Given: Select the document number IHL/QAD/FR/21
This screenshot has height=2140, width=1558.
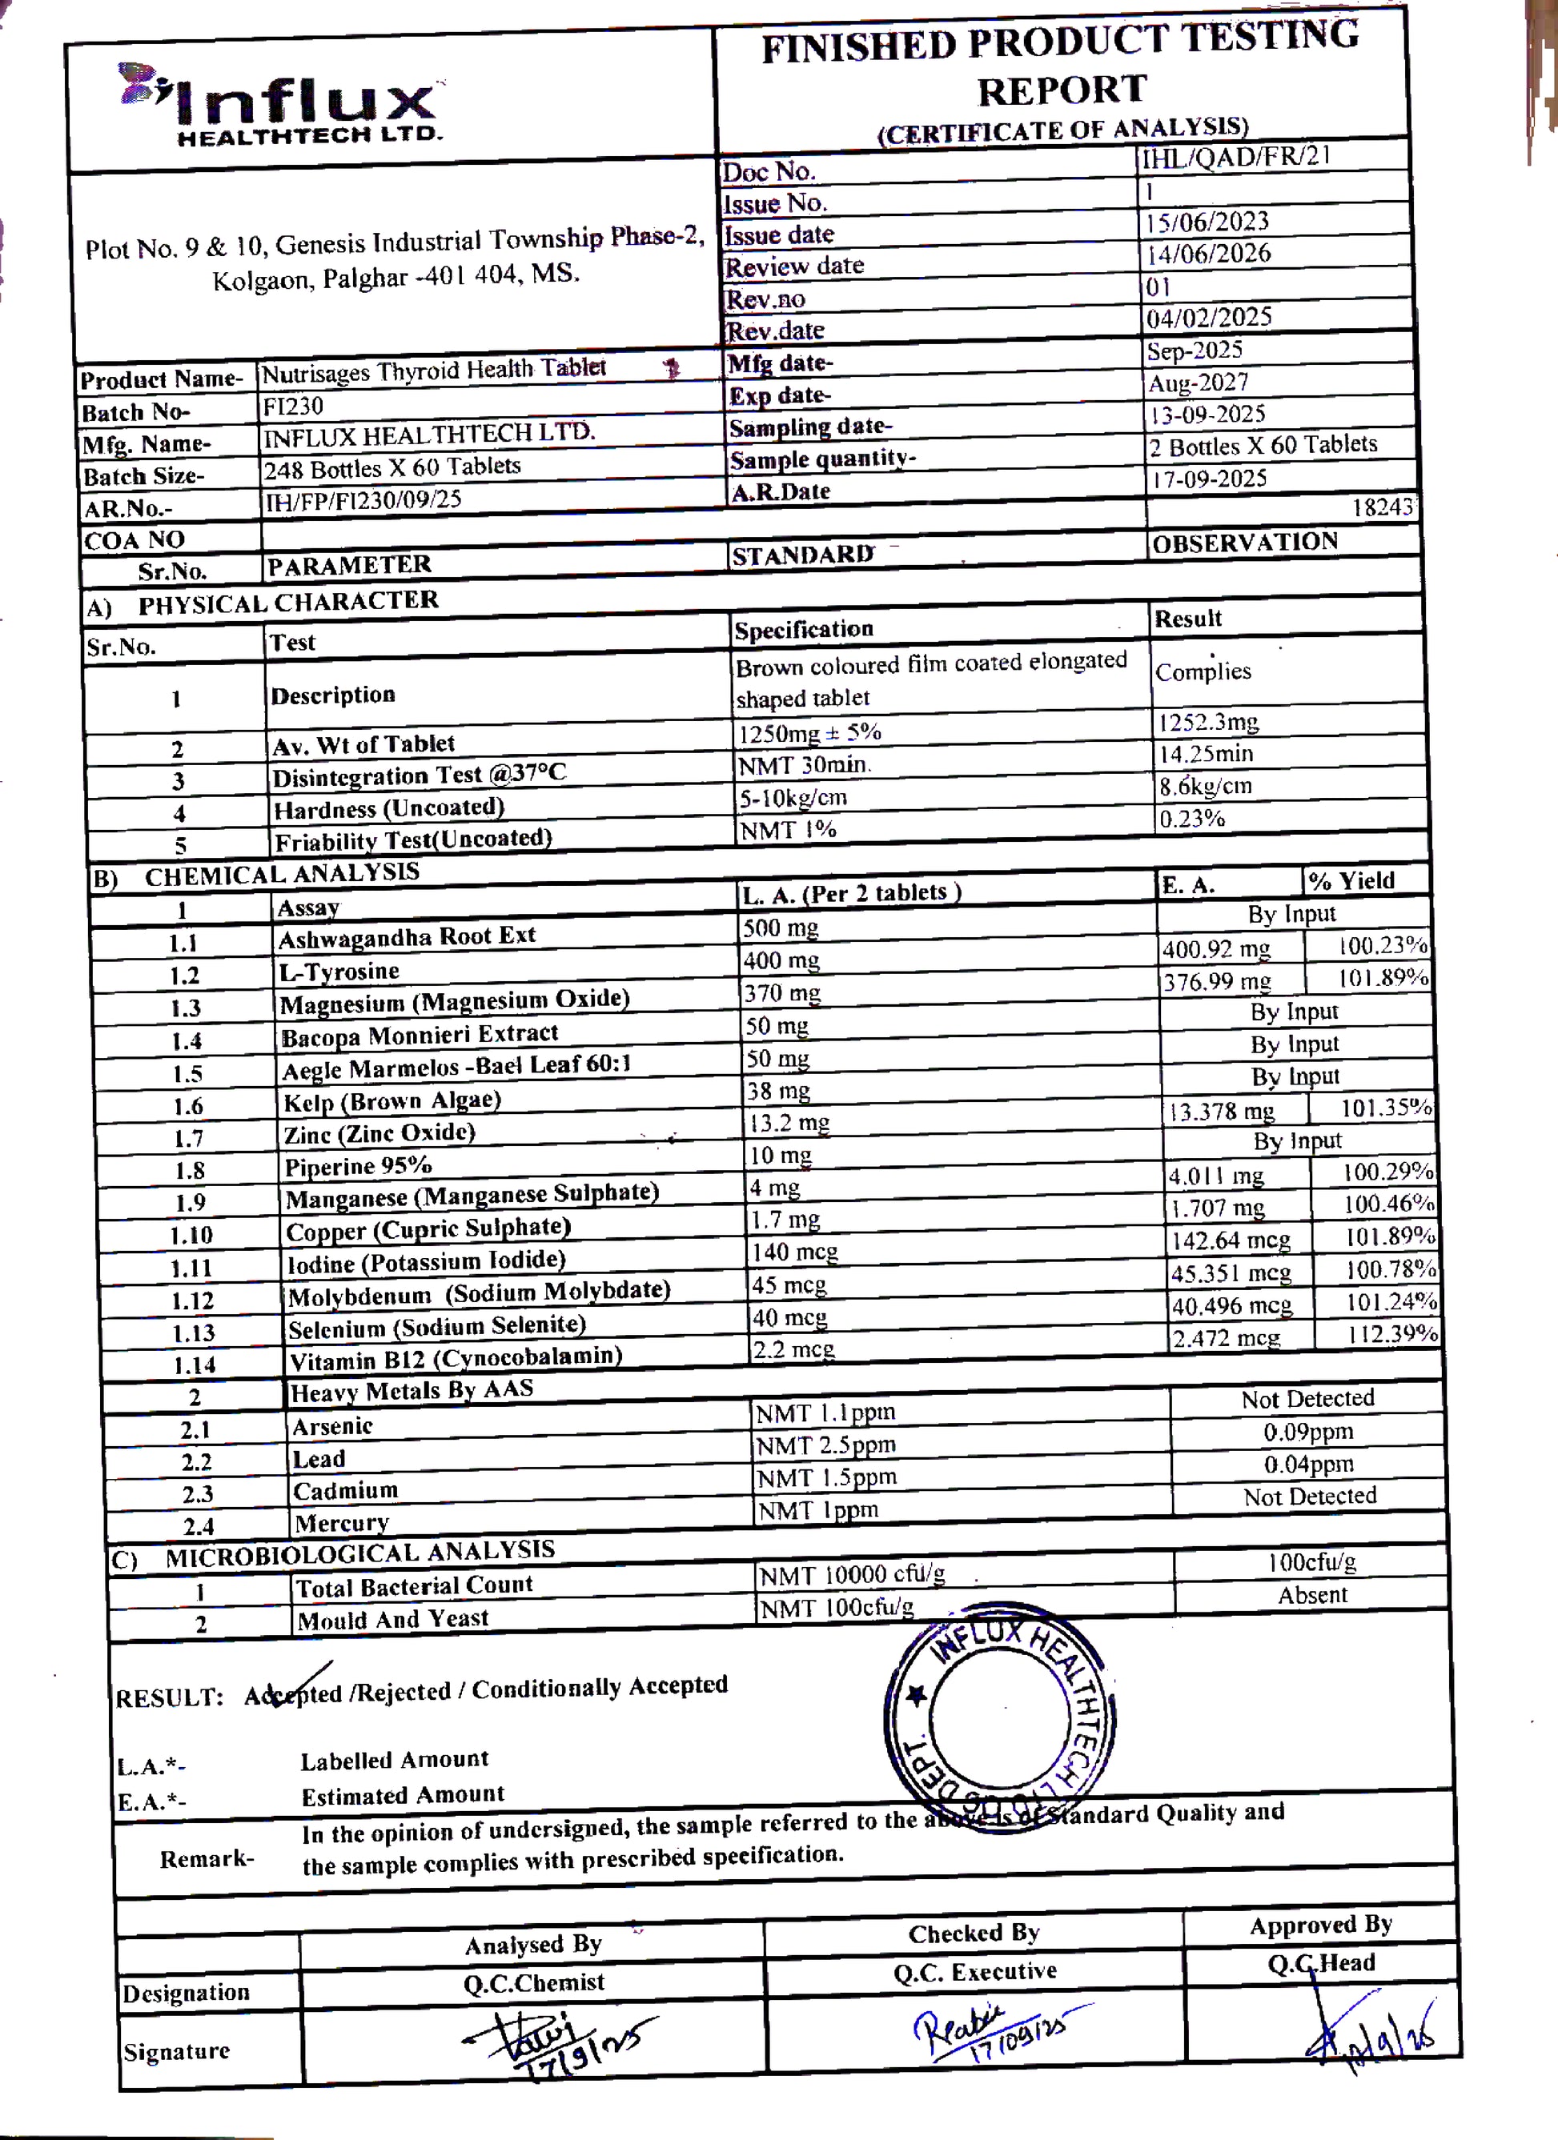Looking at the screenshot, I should point(1235,156).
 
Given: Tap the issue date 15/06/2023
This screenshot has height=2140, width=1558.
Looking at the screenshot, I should point(1207,222).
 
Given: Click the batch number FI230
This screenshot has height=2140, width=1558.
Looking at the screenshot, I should point(292,407).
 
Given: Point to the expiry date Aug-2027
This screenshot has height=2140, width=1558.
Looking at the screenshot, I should point(1199,383).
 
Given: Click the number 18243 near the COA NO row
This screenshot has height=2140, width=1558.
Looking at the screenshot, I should point(1383,507).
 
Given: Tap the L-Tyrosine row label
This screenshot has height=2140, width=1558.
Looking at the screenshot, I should point(339,971).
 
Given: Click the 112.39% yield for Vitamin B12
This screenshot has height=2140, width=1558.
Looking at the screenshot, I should point(1392,1333).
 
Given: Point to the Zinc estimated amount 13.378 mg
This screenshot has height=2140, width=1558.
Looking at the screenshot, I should point(1221,1112).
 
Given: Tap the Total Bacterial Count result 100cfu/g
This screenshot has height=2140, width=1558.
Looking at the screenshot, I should point(1311,1561).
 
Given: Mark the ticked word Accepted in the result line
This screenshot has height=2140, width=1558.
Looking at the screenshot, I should point(292,1693).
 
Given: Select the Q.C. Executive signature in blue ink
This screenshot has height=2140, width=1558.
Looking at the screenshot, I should point(991,2034).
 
